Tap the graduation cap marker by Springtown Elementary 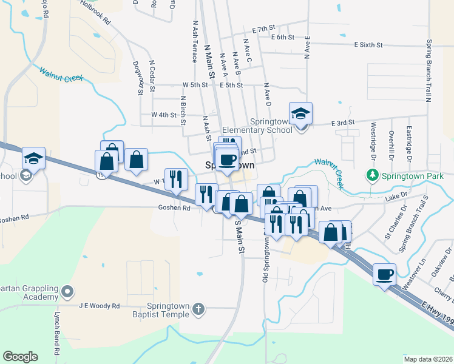tap(300, 113)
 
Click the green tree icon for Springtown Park tap(372, 175)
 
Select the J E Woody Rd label tap(100, 306)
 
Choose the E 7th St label tap(264, 29)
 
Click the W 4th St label tap(163, 114)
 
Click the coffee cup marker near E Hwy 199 tap(385, 275)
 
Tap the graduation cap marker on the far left tap(33, 160)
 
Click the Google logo tap(20, 357)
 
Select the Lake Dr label tap(397, 197)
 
